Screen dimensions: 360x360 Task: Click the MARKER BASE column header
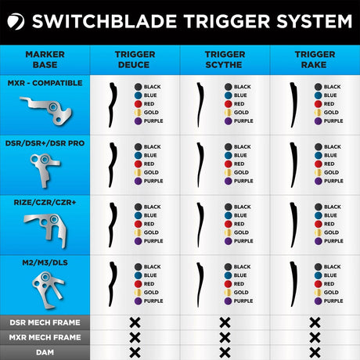click(45, 59)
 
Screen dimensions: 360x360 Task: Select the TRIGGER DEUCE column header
click(135, 59)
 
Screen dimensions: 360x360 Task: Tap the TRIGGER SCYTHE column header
click(225, 59)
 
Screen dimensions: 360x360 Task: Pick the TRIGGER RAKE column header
click(315, 59)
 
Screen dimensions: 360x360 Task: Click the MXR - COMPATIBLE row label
click(45, 82)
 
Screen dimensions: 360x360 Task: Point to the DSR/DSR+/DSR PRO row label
click(45, 142)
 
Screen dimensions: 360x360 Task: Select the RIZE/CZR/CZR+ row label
click(45, 202)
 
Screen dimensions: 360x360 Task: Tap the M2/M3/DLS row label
click(45, 261)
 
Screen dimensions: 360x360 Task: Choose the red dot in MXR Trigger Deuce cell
click(138, 104)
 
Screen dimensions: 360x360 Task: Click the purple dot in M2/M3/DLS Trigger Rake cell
click(319, 301)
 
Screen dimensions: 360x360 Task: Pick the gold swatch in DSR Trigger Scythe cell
click(229, 172)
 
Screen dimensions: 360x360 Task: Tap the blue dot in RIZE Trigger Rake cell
click(319, 214)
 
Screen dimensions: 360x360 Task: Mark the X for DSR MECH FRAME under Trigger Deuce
click(135, 322)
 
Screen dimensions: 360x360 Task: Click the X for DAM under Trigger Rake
click(315, 352)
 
